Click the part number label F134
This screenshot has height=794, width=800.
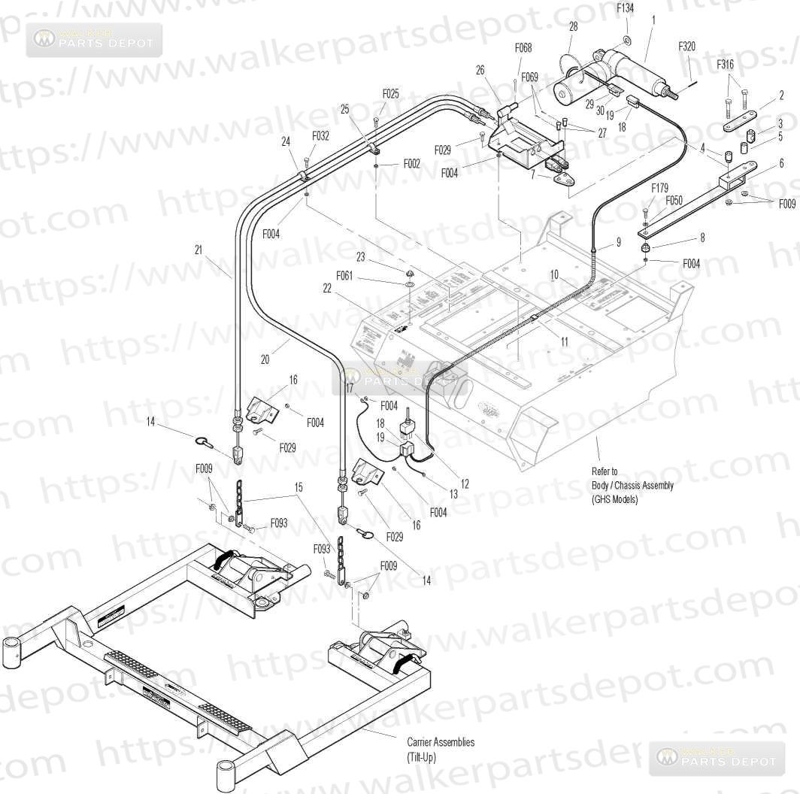[625, 9]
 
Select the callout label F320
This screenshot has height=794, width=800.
[686, 47]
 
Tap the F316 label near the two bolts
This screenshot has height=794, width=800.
[726, 65]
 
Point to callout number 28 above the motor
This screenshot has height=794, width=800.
[573, 26]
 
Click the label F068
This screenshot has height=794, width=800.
[523, 48]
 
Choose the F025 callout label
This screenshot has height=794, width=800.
[390, 94]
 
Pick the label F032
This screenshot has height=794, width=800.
[320, 136]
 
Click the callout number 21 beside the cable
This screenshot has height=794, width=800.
[198, 250]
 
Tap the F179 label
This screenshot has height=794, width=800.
[659, 188]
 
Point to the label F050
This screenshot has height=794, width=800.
[674, 201]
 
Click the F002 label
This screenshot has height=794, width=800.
[412, 163]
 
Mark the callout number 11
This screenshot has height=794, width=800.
[564, 341]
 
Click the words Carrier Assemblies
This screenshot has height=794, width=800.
[441, 742]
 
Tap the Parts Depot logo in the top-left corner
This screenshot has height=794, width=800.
[94, 40]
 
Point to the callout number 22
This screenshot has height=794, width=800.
[328, 289]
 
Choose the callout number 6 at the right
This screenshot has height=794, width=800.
[781, 162]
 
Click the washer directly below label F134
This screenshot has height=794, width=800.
[627, 38]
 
